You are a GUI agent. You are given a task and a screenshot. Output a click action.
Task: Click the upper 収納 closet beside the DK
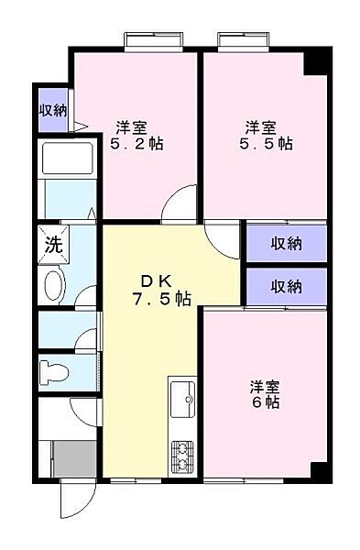(286, 243)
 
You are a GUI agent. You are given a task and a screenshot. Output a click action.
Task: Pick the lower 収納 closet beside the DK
(286, 286)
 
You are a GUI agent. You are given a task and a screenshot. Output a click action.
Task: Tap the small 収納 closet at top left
(52, 110)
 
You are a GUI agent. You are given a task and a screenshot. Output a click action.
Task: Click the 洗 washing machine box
(54, 245)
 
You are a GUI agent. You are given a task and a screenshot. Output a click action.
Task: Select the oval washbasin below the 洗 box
(54, 285)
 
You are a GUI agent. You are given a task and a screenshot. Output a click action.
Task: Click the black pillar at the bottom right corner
(318, 471)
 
